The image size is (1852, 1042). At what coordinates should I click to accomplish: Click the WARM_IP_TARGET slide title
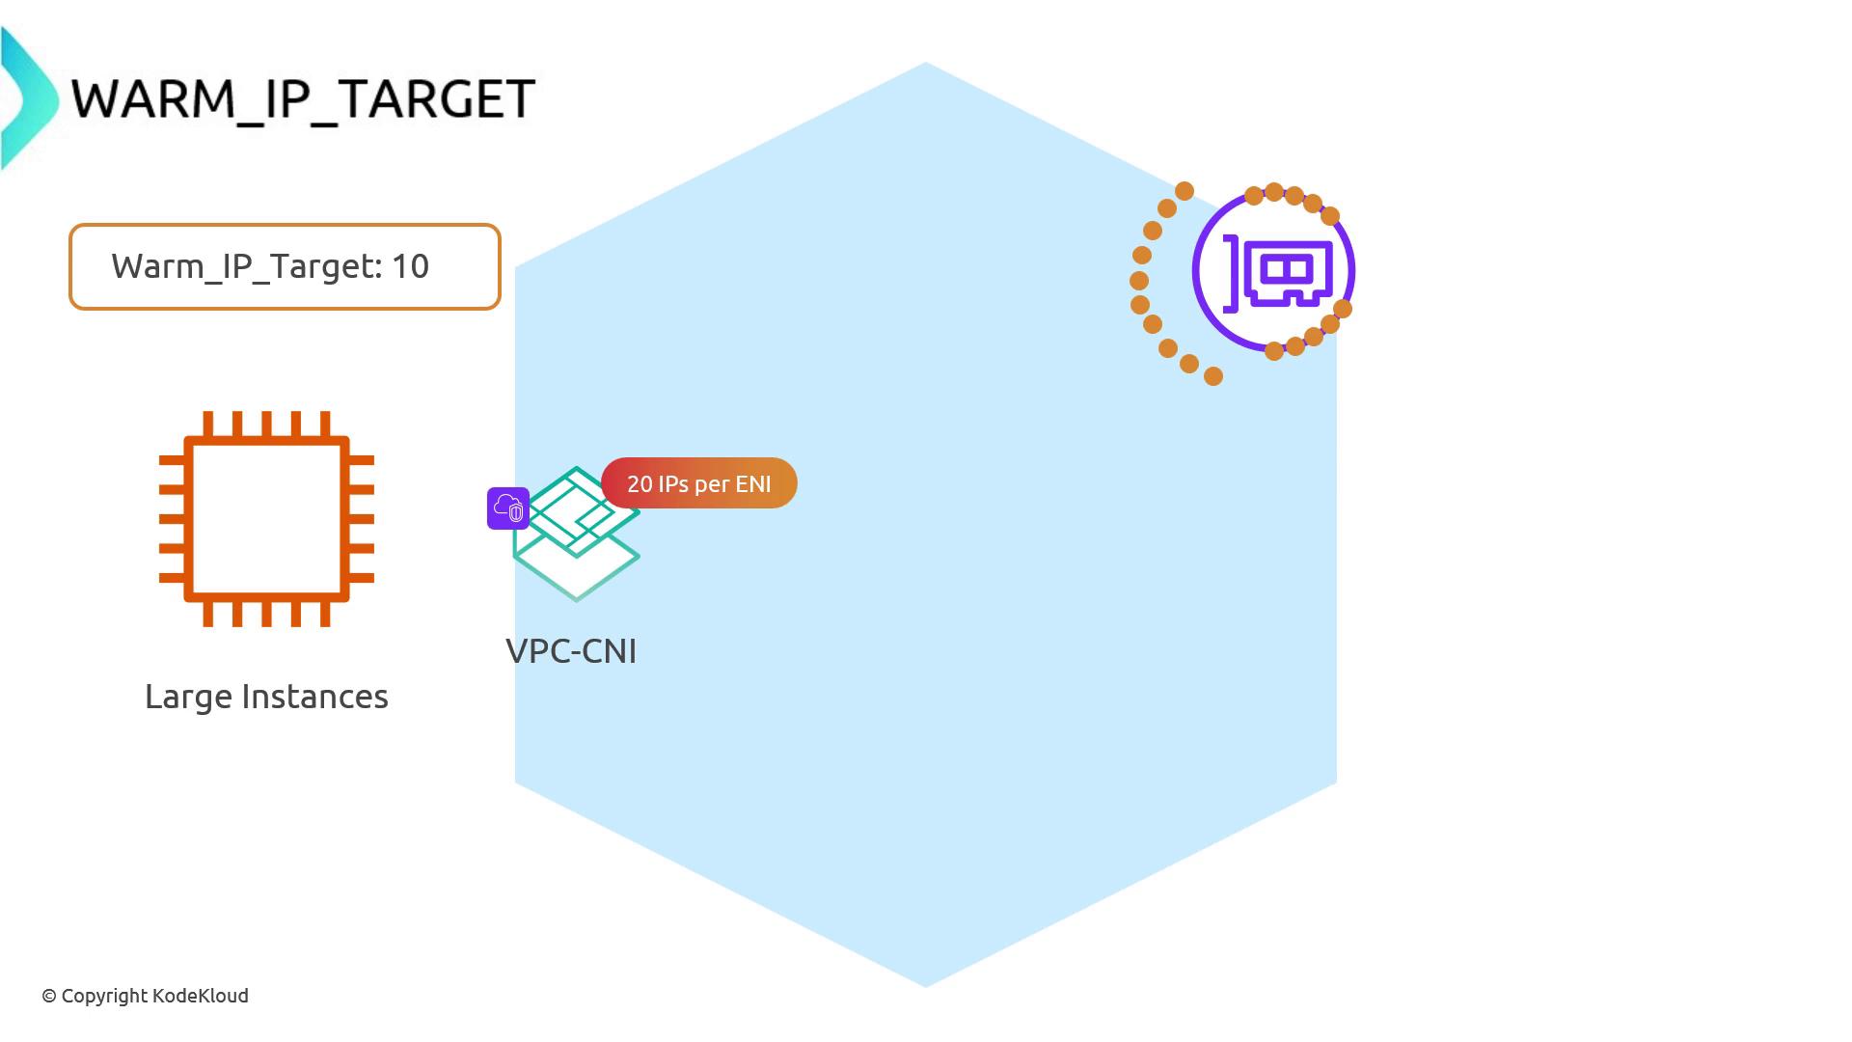[303, 98]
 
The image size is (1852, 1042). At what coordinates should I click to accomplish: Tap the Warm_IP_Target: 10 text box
[285, 266]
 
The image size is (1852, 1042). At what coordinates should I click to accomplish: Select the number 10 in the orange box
[410, 266]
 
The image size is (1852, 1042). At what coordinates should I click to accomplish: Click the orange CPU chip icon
[266, 519]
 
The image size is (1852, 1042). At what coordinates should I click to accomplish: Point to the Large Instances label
[266, 697]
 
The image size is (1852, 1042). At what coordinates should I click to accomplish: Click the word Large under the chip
[187, 697]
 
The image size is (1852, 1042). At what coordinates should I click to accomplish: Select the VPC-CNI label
[571, 651]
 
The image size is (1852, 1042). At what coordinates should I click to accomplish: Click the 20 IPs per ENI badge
[699, 483]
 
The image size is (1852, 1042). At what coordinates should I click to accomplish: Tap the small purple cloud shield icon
[508, 507]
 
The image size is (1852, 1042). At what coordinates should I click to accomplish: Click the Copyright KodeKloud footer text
[145, 996]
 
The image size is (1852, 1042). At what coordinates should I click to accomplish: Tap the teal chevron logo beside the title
[27, 98]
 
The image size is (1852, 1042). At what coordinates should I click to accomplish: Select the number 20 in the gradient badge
[640, 483]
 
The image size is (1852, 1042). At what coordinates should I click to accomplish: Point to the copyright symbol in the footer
[49, 997]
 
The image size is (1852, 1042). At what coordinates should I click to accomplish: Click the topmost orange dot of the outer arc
[1185, 191]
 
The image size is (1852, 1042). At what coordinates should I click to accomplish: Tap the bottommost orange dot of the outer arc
[1213, 376]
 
